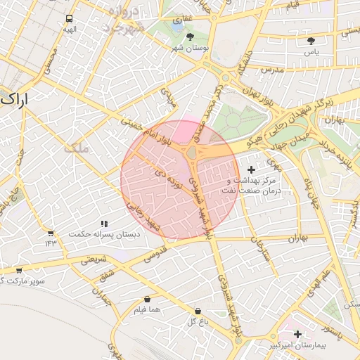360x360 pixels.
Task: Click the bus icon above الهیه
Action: point(69,18)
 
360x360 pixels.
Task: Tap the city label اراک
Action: point(15,99)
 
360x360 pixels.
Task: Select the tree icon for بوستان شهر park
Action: point(191,36)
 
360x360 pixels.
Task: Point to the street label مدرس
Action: point(271,70)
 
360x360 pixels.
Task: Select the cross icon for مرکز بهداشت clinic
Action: point(252,169)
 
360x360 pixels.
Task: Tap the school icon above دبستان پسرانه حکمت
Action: point(104,223)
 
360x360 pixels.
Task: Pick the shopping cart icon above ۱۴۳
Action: point(50,233)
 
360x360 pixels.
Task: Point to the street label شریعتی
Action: point(94,259)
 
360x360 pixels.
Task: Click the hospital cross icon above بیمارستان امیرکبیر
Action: point(298,335)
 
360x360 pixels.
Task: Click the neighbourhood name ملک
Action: point(74,148)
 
